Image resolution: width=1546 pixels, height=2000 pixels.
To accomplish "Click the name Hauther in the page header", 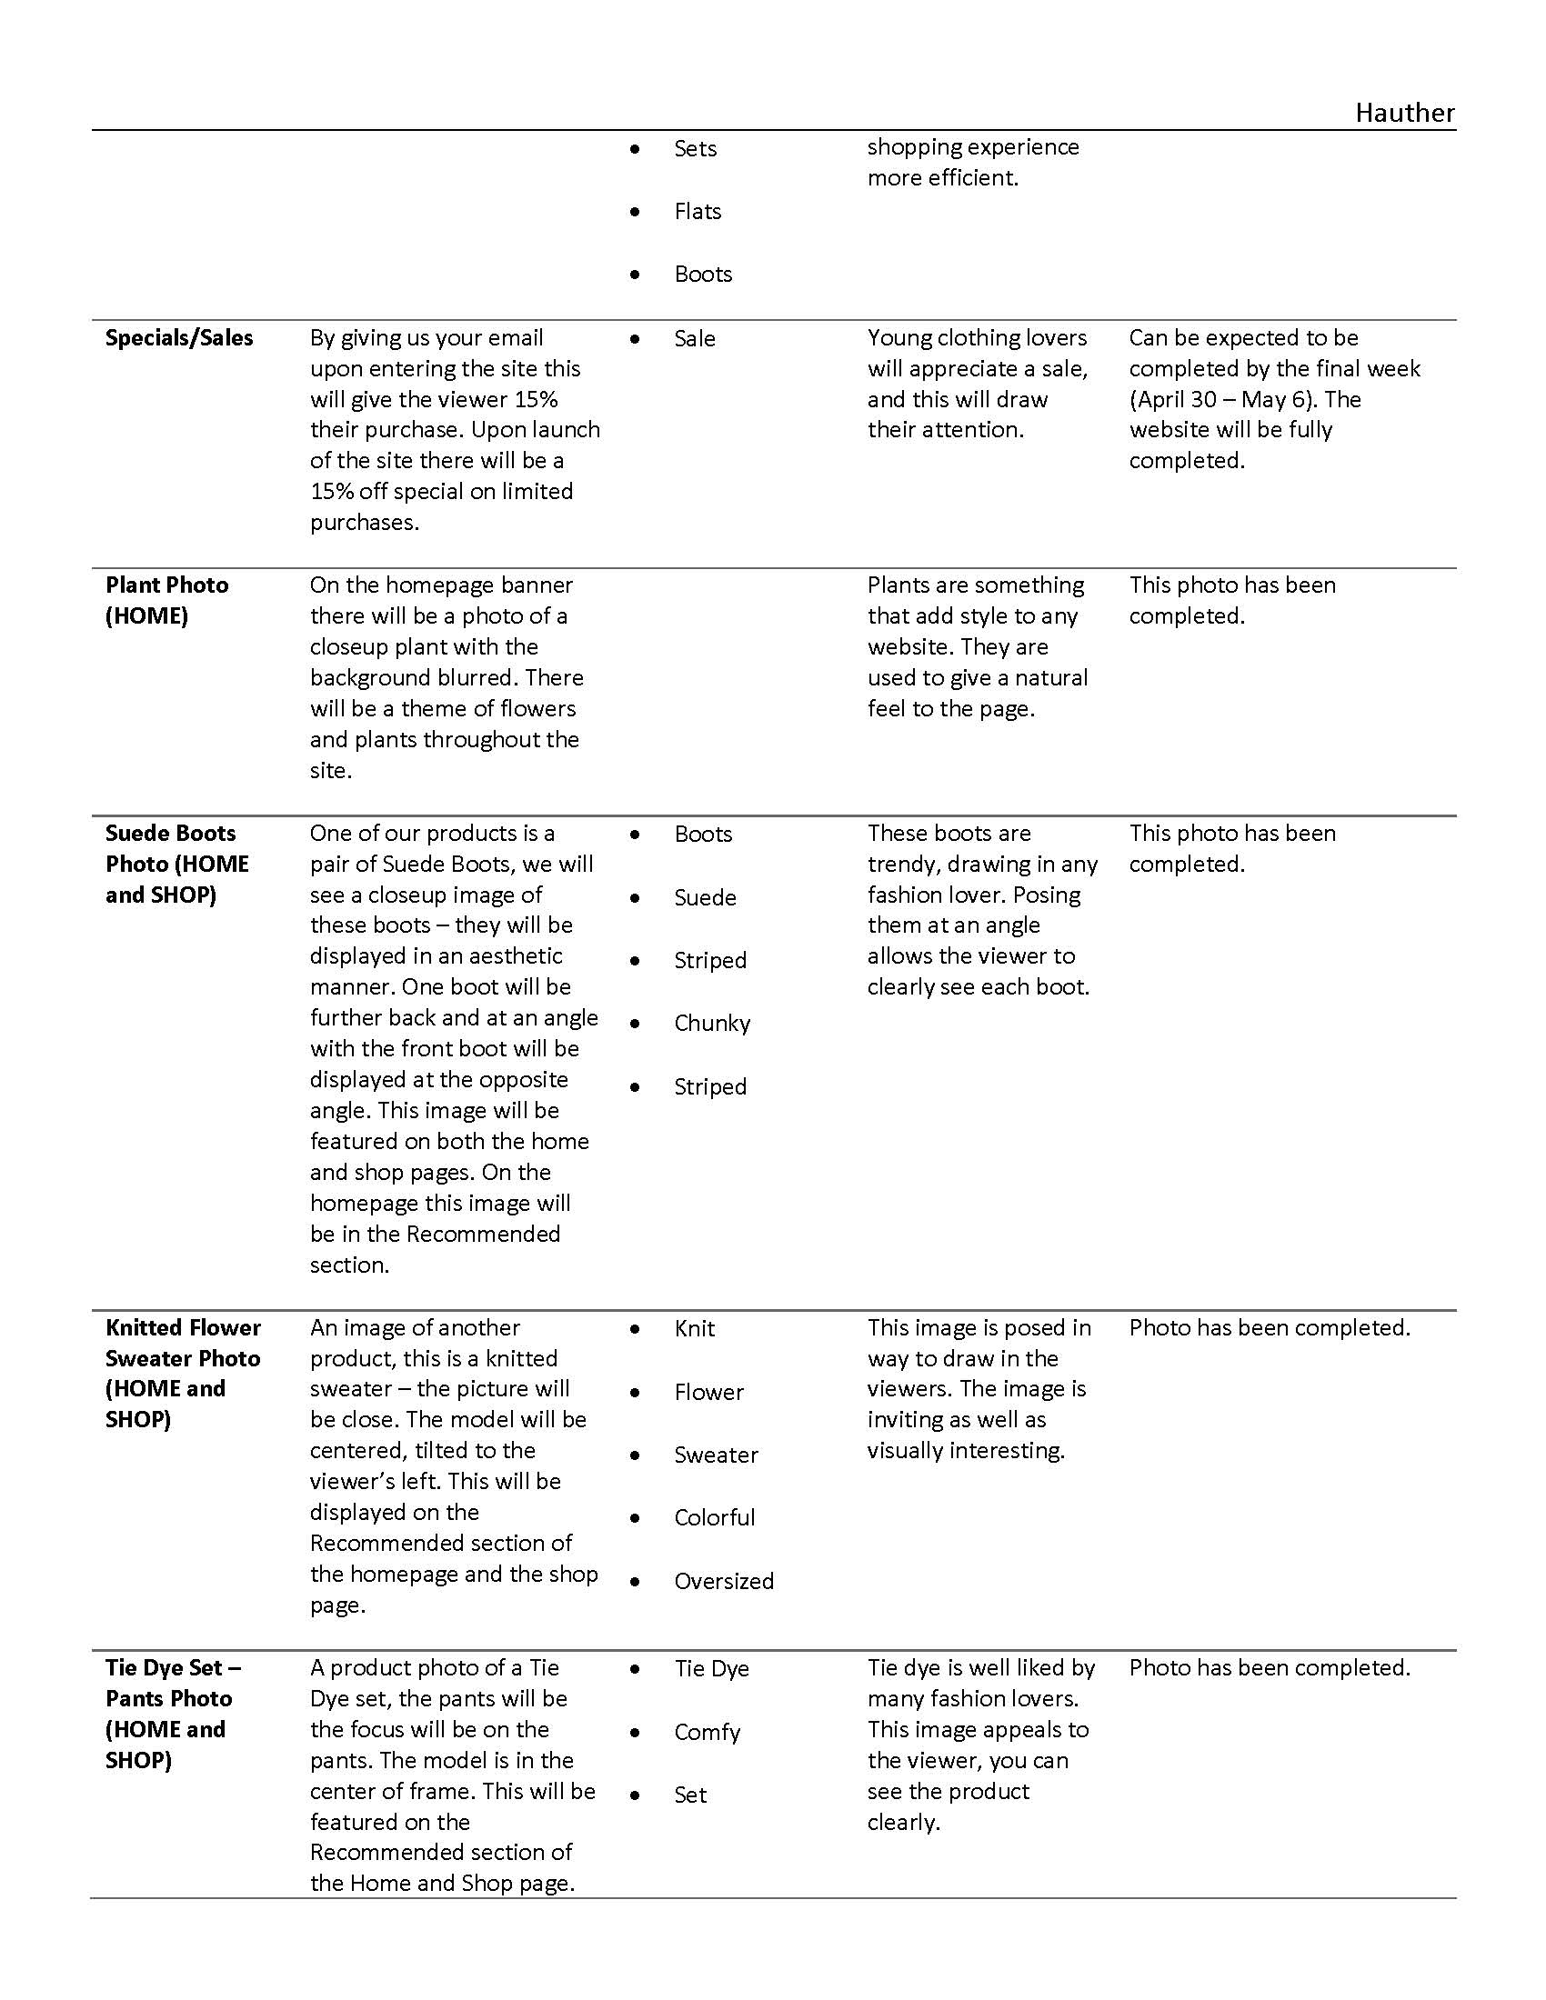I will [1404, 113].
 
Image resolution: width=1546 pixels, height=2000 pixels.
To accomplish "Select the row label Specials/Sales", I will [178, 338].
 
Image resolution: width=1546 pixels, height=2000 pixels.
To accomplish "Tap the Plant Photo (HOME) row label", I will [166, 600].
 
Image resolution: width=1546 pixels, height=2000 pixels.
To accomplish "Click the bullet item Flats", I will [697, 212].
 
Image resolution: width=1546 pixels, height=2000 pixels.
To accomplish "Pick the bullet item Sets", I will [695, 148].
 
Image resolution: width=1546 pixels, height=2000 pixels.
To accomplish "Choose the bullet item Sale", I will [694, 339].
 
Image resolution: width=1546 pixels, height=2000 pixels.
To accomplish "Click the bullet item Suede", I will [704, 897].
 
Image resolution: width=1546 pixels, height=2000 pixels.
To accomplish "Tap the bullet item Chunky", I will [712, 1023].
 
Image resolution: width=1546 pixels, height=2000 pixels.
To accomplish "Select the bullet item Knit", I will [694, 1329].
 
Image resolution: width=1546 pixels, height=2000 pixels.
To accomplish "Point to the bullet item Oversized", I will [724, 1582].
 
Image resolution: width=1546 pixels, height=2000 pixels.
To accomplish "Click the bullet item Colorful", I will [715, 1518].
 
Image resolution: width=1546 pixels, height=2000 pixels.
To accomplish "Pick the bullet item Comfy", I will [706, 1733].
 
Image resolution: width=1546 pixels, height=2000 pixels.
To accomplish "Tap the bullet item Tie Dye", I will [711, 1668].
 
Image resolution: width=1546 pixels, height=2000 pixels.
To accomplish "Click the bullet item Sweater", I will [716, 1455].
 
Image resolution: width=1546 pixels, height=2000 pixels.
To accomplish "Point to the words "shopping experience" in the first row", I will [973, 147].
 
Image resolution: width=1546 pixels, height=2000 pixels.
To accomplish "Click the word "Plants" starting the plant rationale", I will [898, 585].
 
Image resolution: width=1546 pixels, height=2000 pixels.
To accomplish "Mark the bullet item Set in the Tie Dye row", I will [689, 1795].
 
